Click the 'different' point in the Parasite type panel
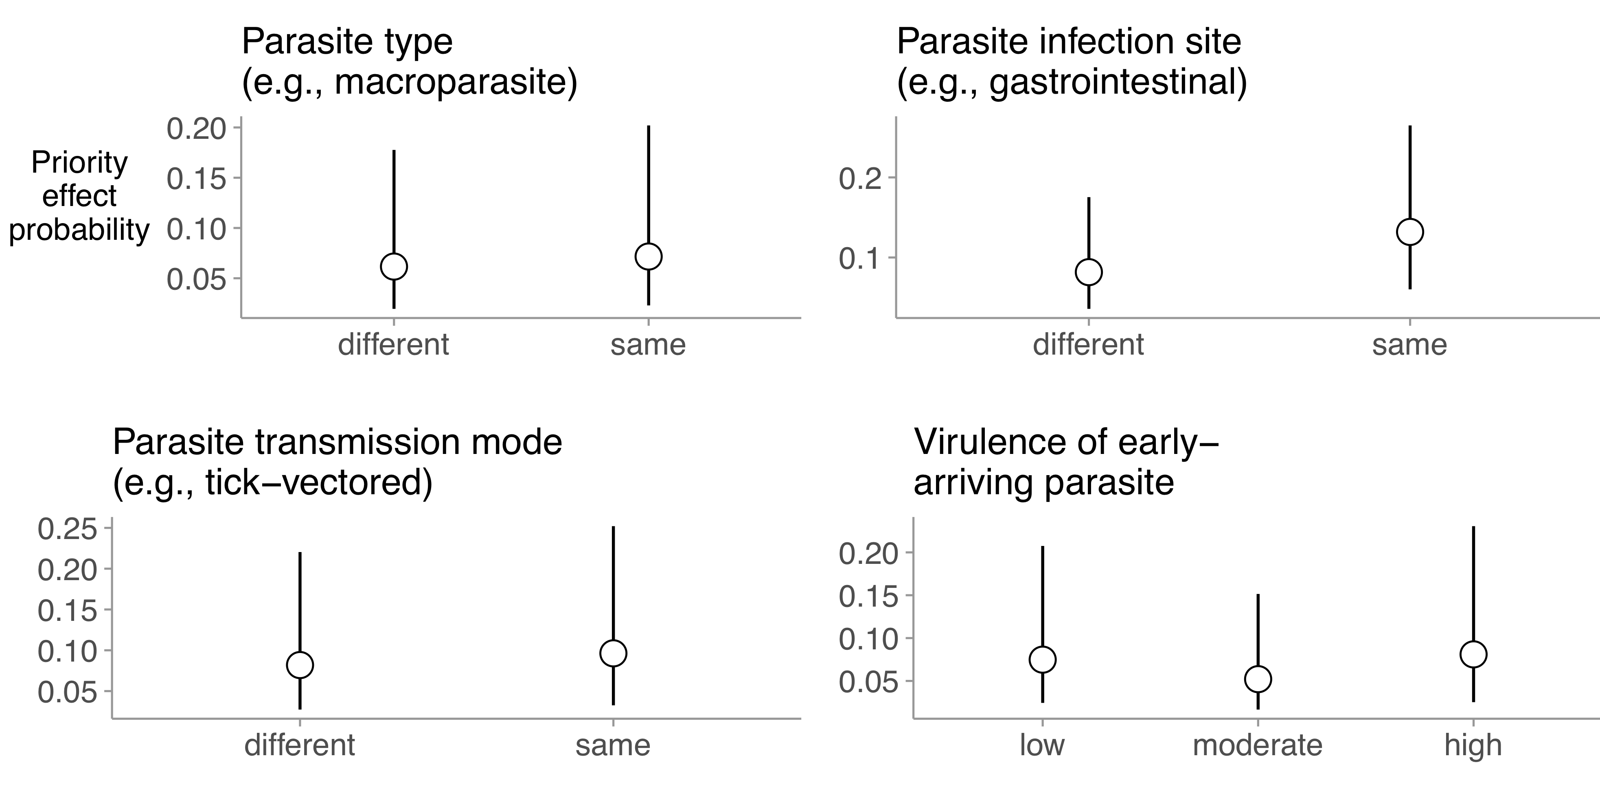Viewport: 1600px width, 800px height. [x=394, y=266]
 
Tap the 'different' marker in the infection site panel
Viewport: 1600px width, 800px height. [x=1089, y=272]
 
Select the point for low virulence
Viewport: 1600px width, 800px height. [x=1042, y=659]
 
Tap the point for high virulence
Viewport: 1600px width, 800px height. [x=1473, y=654]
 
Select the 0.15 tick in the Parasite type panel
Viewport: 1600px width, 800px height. [x=196, y=179]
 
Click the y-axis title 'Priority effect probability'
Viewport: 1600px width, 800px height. [x=79, y=196]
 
